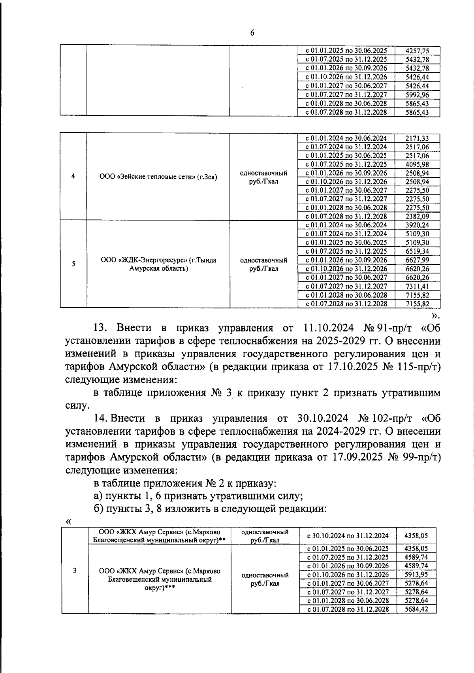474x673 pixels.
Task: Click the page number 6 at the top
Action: click(252, 33)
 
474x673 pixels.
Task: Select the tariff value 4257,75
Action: click(417, 51)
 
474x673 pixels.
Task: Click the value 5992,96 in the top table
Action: click(417, 95)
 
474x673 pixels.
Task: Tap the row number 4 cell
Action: click(73, 177)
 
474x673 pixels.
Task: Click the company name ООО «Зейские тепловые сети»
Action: click(158, 177)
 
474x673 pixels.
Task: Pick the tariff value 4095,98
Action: click(417, 164)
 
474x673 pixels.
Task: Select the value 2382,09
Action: click(417, 217)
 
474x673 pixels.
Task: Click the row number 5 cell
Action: click(73, 264)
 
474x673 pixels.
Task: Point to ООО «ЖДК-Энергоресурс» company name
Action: click(158, 264)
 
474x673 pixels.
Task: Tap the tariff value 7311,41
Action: click(417, 287)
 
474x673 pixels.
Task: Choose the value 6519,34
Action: click(417, 251)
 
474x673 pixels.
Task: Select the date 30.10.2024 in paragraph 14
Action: click(322, 418)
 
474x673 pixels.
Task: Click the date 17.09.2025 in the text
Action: click(352, 457)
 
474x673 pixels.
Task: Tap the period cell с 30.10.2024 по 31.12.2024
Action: click(347, 536)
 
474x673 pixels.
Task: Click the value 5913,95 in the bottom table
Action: click(416, 575)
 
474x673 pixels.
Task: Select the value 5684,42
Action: click(416, 609)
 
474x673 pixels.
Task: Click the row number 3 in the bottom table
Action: click(75, 570)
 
